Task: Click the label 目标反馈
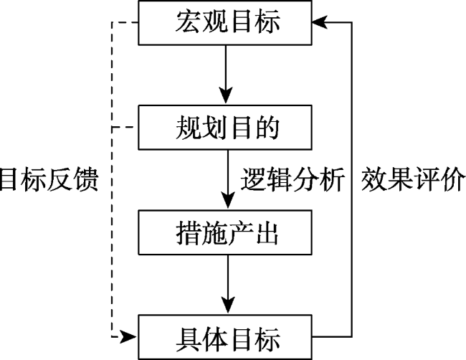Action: pos(49,179)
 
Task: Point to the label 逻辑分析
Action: pos(293,179)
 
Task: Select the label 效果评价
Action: pos(413,179)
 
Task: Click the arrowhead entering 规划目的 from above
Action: pos(226,95)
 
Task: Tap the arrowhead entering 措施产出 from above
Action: pos(228,200)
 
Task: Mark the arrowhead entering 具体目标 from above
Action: pos(228,305)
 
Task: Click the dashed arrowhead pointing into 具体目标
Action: pos(128,337)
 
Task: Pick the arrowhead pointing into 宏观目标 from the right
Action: pos(320,22)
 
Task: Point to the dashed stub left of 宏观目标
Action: pos(125,22)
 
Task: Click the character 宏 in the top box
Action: pos(188,22)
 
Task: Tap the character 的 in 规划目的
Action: pos(267,127)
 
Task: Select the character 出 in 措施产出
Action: pos(267,232)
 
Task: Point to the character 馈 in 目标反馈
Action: pos(87,179)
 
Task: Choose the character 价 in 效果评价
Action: pos(453,179)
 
